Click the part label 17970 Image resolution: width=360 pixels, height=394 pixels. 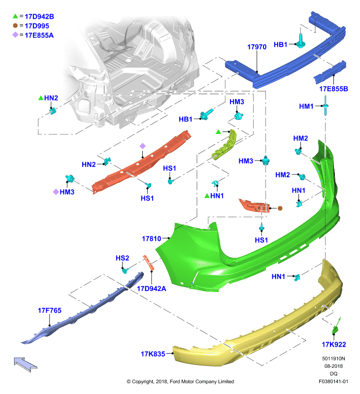point(257,47)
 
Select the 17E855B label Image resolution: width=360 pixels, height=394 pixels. point(333,89)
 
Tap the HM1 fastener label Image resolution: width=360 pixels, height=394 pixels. point(306,106)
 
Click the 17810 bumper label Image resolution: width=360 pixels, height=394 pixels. point(152,238)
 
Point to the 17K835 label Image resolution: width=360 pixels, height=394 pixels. point(153,354)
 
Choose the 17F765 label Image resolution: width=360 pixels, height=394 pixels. point(49,310)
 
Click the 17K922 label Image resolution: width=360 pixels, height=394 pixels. point(334,344)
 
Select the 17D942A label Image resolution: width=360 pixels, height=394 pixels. point(152,289)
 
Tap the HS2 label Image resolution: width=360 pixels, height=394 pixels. point(122,258)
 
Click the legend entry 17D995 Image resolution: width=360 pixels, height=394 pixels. point(37,26)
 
